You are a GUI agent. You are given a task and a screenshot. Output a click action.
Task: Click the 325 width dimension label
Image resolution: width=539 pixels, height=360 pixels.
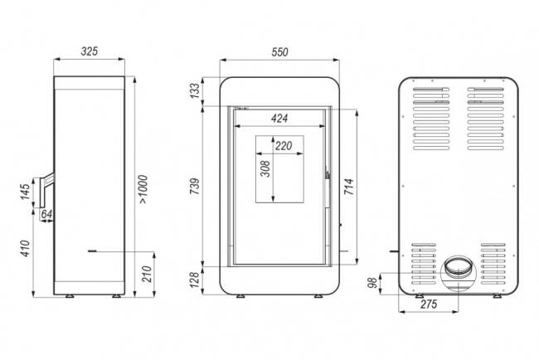pyautogui.click(x=91, y=51)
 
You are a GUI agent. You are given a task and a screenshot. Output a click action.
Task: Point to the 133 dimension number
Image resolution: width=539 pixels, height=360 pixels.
pyautogui.click(x=194, y=90)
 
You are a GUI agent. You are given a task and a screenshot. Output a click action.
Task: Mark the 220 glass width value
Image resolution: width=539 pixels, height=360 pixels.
pyautogui.click(x=284, y=146)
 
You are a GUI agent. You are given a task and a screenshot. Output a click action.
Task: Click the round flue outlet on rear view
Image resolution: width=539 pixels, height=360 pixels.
pyautogui.click(x=457, y=269)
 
